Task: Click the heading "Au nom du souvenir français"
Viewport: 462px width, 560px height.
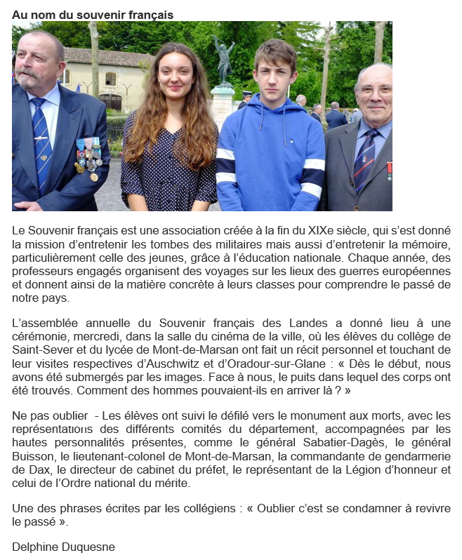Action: tap(93, 15)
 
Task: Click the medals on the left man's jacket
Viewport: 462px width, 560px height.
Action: tap(88, 157)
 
